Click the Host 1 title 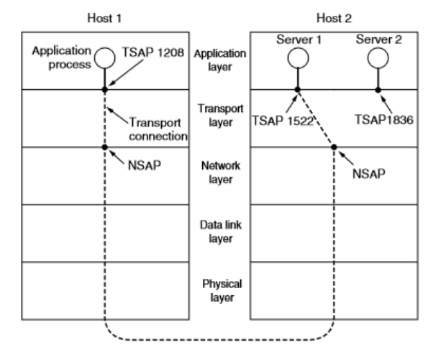105,15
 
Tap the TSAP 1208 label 157,52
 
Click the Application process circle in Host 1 106,55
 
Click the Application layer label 220,60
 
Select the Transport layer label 220,117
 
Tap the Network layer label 220,173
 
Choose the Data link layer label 220,231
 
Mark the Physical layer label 220,289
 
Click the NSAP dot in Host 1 106,147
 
